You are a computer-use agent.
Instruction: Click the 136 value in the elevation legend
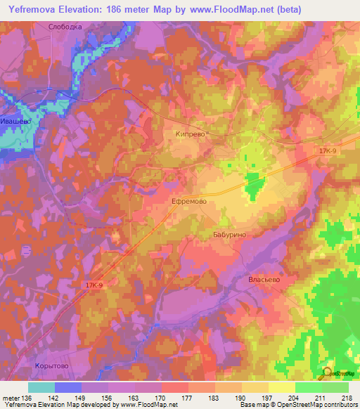(x=27, y=397)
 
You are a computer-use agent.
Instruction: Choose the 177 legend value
(x=188, y=397)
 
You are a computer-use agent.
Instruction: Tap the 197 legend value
(x=268, y=397)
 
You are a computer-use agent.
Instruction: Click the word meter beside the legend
(x=11, y=397)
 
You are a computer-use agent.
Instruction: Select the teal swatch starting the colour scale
(x=41, y=387)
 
